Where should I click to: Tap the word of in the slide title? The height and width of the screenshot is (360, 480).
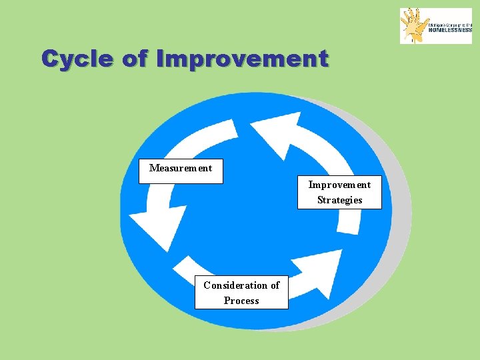135,59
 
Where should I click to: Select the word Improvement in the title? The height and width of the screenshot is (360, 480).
242,59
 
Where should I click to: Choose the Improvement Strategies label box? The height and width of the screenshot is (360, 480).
339,192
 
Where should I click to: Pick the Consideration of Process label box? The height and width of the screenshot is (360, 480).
241,293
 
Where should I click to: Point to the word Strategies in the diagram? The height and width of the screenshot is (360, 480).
339,200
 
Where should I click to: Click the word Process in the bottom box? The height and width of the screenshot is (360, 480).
241,301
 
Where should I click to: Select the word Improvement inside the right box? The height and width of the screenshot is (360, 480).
339,185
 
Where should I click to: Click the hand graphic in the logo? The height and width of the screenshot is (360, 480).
413,25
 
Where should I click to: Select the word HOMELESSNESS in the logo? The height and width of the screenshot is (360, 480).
449,29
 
